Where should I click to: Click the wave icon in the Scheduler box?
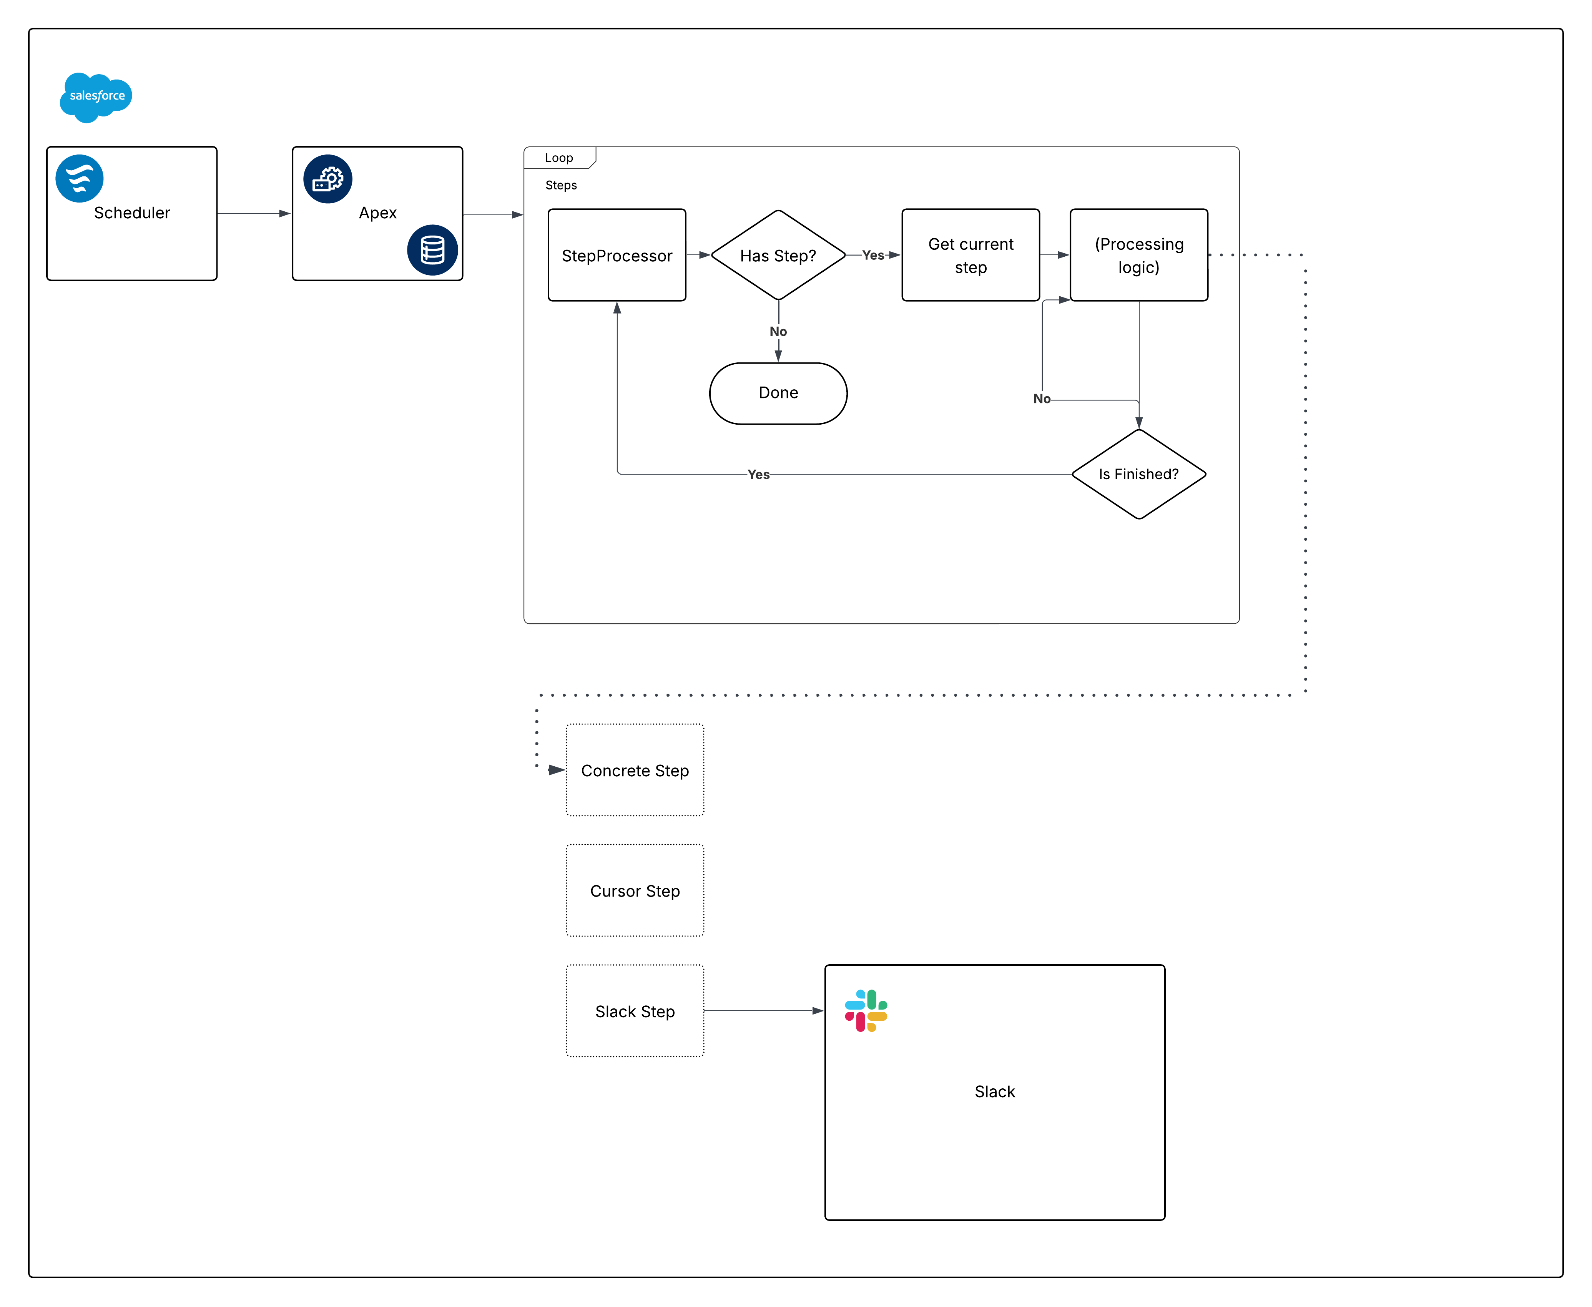coord(79,178)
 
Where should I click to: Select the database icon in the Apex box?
coord(432,250)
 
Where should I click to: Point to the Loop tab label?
coord(559,157)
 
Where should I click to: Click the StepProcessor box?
coord(617,255)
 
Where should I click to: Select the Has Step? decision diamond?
coord(778,255)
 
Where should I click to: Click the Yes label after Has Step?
coord(873,255)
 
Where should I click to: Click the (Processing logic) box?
coord(1138,255)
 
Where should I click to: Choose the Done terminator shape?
coord(778,393)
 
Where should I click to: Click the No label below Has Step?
coord(778,331)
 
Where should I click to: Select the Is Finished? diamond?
coord(1138,474)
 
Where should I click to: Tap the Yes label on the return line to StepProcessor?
coord(758,474)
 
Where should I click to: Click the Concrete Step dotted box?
coord(635,770)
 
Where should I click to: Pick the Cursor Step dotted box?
coord(635,891)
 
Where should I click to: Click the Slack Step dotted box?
coord(635,1011)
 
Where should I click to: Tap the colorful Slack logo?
coord(866,1010)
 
